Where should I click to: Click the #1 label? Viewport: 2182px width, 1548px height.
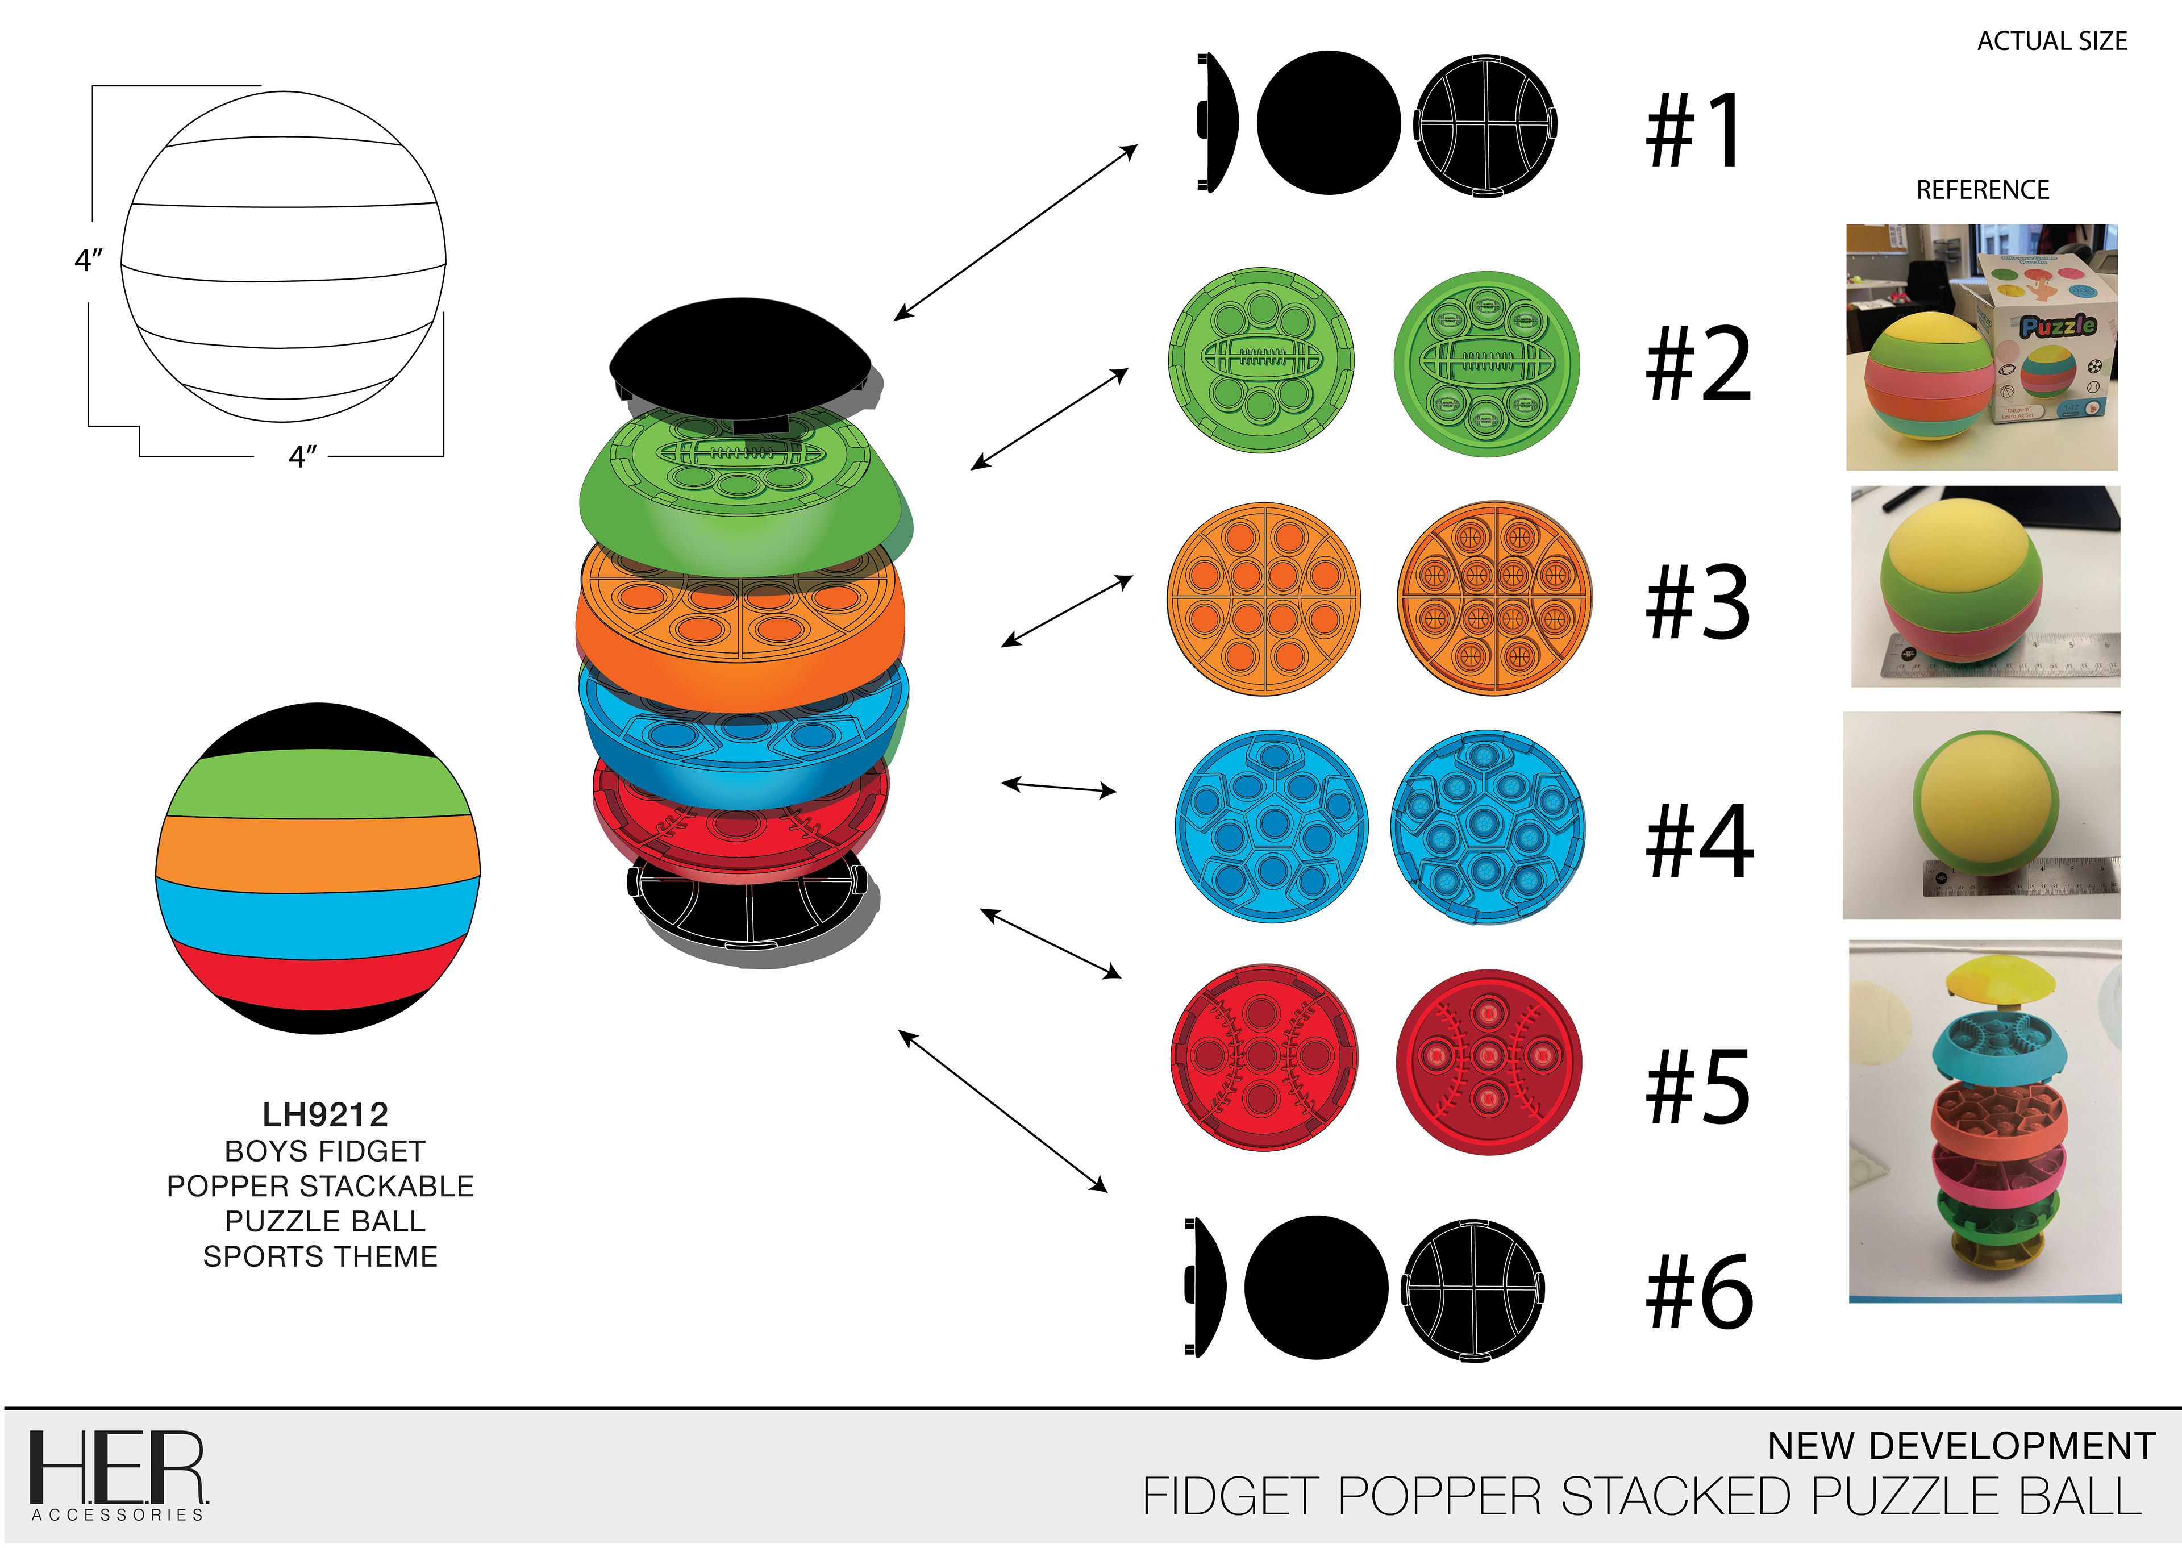(x=1695, y=131)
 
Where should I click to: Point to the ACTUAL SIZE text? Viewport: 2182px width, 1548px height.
(x=2051, y=41)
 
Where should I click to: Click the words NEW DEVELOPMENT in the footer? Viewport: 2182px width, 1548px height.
(x=1961, y=1446)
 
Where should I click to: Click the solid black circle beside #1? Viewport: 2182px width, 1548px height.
(x=1329, y=123)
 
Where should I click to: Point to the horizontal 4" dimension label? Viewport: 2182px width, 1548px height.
(x=302, y=456)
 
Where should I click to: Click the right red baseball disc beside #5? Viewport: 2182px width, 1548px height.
(x=1488, y=1061)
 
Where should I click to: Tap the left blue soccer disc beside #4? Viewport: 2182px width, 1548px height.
(x=1271, y=826)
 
